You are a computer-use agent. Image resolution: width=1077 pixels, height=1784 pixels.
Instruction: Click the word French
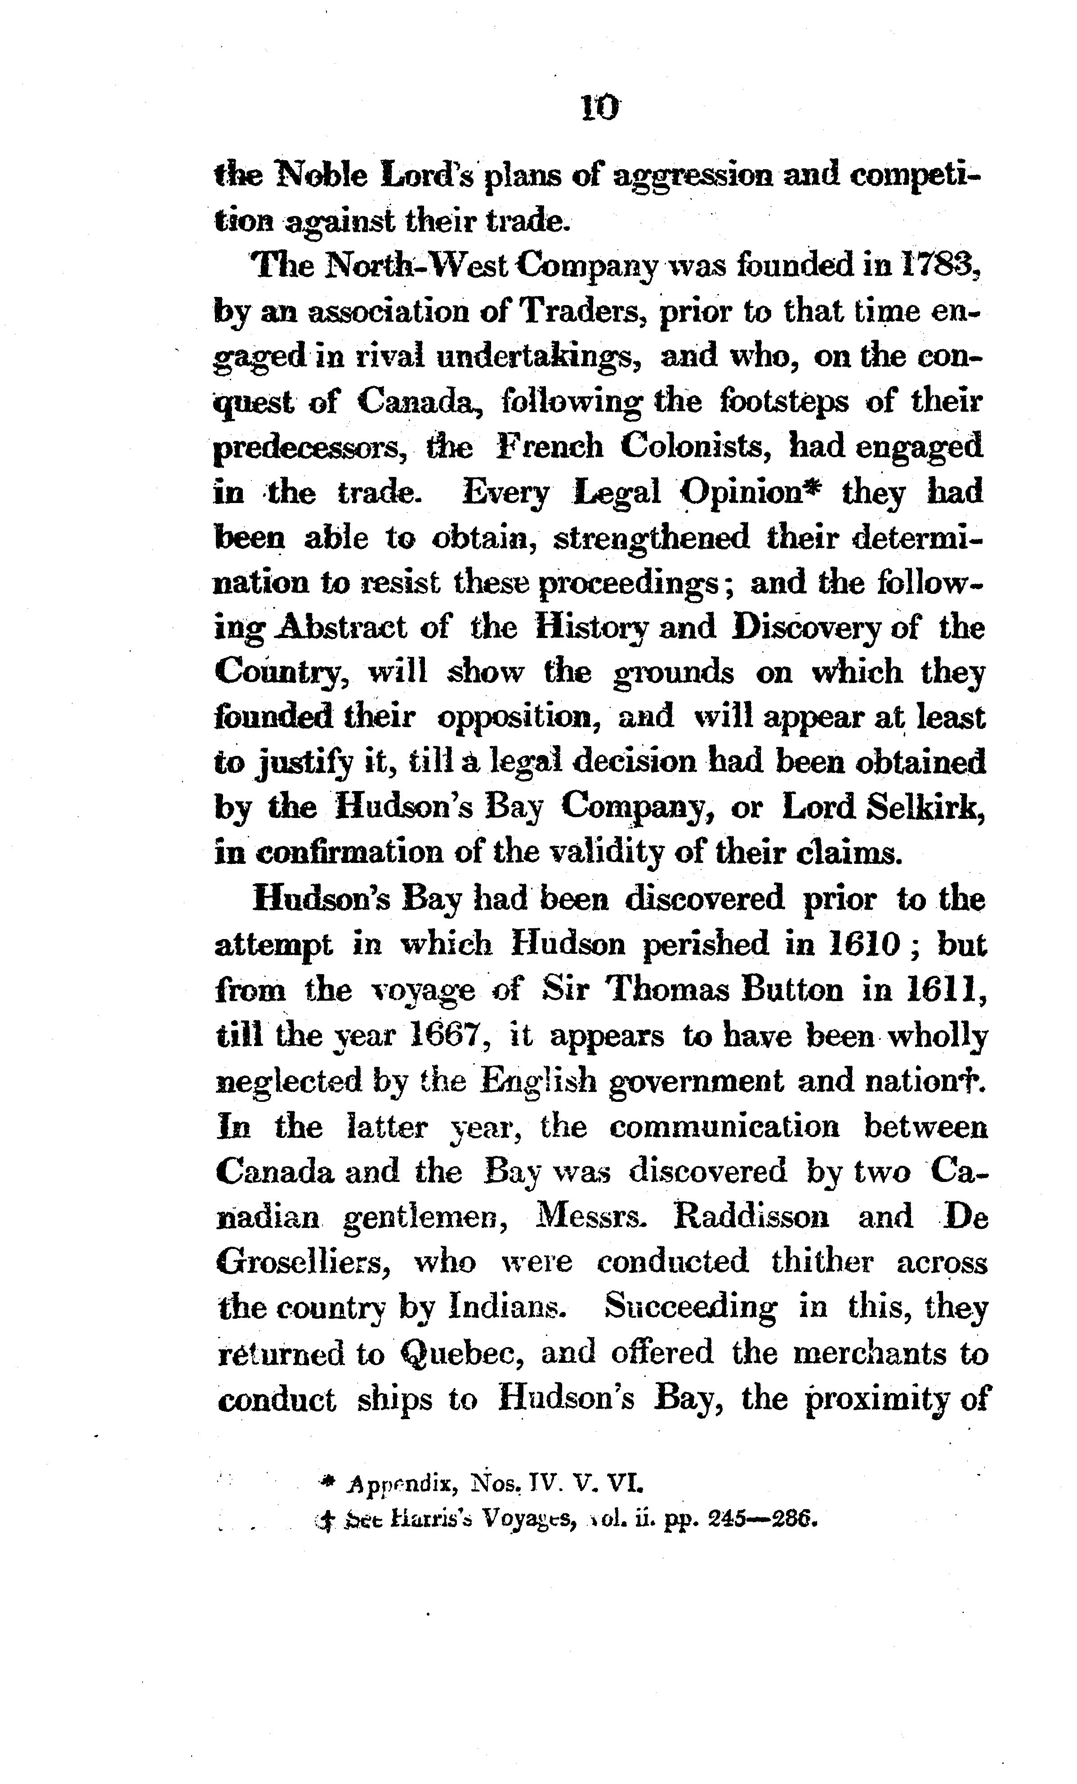(550, 447)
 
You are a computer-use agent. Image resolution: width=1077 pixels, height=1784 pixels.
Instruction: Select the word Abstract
(344, 627)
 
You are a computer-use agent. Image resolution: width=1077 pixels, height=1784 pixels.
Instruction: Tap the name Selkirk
(925, 807)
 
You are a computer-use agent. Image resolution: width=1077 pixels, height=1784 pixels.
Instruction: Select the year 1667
(442, 1035)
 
